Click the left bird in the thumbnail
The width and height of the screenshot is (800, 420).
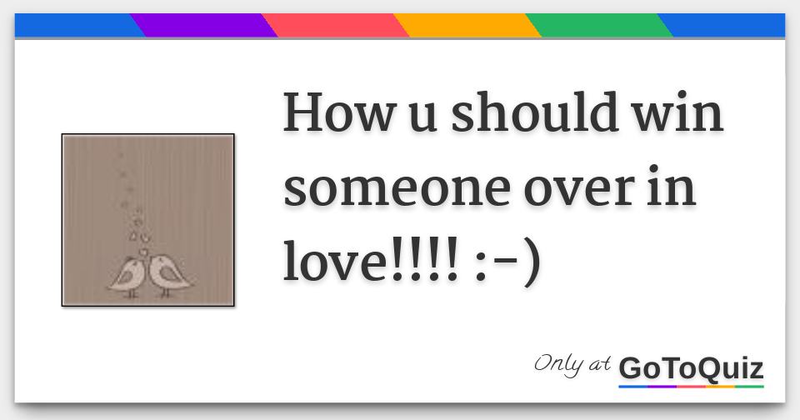point(127,276)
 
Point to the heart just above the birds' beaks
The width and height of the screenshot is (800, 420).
point(144,252)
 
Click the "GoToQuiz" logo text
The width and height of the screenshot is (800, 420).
point(691,367)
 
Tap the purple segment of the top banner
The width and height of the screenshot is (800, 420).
point(203,26)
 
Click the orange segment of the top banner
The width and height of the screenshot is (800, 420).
point(467,26)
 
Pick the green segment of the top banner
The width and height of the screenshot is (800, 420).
point(599,26)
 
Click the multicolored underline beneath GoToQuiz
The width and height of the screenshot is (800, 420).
point(691,386)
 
